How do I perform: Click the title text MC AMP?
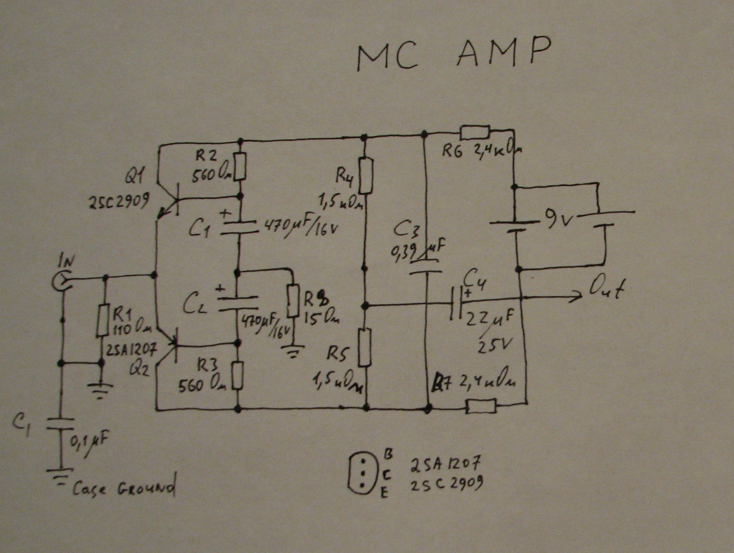tap(453, 54)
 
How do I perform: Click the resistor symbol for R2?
tap(241, 166)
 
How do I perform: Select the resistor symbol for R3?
tap(237, 376)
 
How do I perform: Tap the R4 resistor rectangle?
tap(366, 175)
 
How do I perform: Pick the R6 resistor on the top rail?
tap(475, 132)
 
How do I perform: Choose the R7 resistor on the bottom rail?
tap(480, 406)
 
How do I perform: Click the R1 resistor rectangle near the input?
tap(103, 320)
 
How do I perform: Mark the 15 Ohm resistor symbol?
tap(293, 300)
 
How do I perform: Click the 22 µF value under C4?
tap(489, 319)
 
